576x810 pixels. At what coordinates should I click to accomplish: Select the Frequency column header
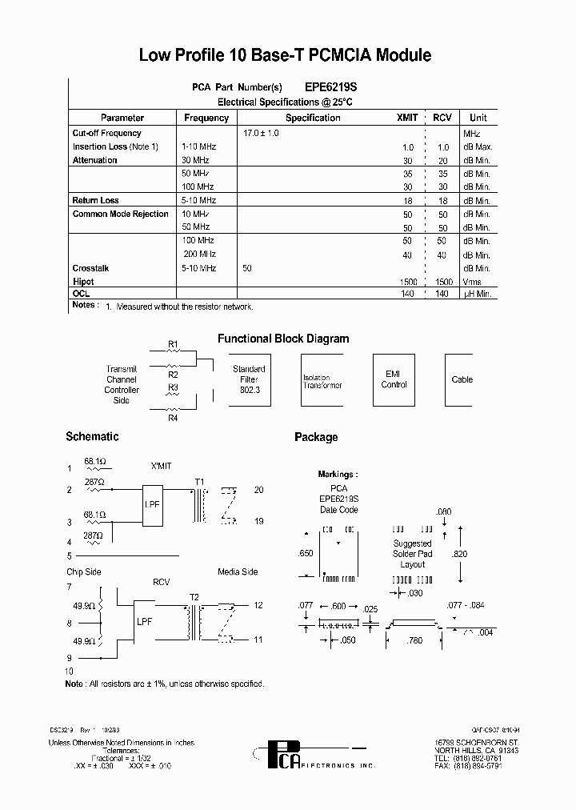point(206,118)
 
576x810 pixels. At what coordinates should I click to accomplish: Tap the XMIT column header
point(407,118)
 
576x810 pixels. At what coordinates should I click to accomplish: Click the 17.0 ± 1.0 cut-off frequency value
point(261,133)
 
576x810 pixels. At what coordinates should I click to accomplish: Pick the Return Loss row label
point(95,200)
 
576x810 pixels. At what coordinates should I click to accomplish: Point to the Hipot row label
point(83,282)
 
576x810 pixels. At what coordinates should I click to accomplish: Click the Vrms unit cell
point(472,282)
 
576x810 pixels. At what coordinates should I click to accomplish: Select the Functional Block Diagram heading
point(283,339)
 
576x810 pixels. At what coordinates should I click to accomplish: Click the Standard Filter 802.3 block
point(249,379)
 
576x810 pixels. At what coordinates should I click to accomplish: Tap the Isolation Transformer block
point(322,381)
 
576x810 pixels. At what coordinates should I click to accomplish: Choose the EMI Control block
point(394,379)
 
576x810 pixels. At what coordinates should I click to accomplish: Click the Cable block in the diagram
point(462,379)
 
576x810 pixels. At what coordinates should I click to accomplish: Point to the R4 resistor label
point(173,417)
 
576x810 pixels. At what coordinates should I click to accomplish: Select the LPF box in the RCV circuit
point(145,620)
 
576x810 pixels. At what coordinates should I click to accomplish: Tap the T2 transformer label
point(194,596)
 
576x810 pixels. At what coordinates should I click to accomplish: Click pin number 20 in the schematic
point(258,490)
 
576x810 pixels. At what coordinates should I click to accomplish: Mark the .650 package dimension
point(305,553)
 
